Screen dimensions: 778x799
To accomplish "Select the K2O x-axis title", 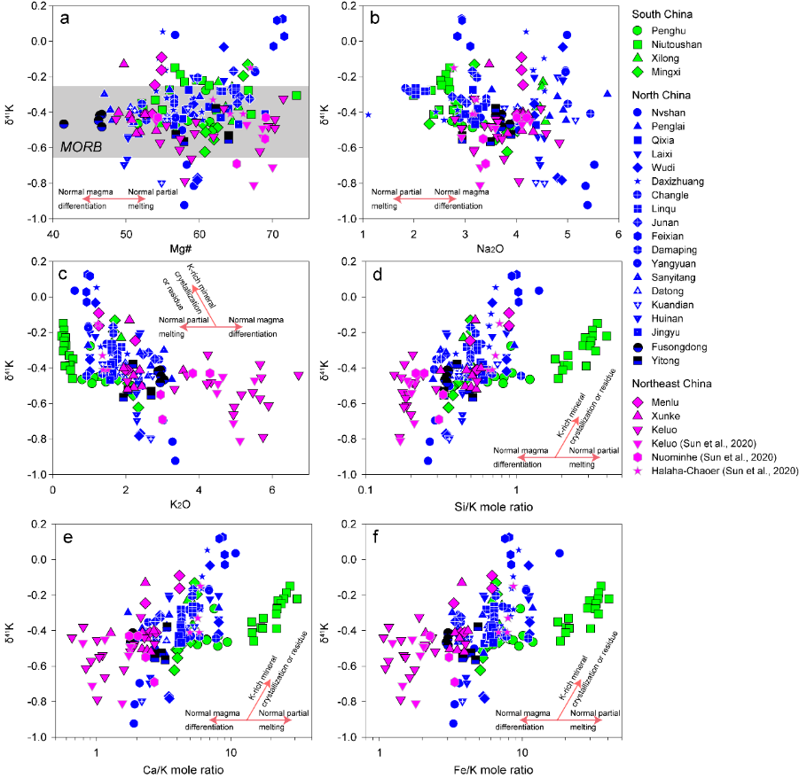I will click(182, 506).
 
